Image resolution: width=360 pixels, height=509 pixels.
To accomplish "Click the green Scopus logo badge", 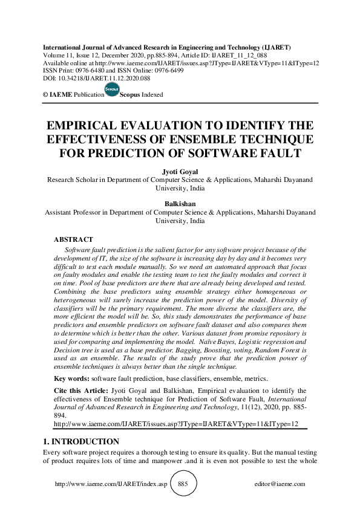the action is click(112, 89).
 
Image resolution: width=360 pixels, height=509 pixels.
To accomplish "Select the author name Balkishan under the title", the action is click(180, 204).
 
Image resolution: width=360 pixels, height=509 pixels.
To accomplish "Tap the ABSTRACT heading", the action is click(73, 240).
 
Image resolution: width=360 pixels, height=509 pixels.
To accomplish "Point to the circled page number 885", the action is click(183, 484).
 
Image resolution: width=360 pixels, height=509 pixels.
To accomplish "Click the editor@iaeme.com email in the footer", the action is click(280, 484).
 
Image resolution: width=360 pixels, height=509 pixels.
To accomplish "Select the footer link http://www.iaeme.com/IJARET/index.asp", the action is click(111, 484).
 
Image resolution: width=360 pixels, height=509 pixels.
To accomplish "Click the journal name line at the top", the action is click(166, 47).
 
